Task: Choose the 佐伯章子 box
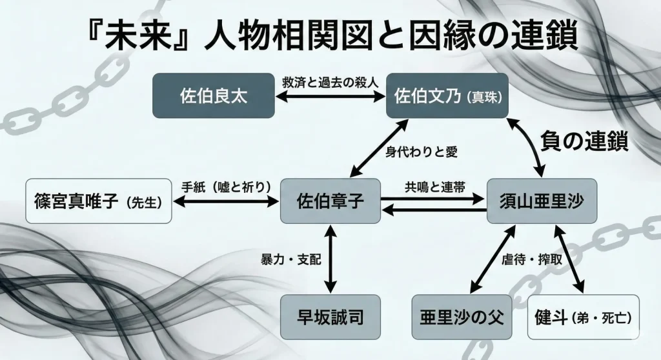(x=330, y=201)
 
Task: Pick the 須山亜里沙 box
(x=542, y=201)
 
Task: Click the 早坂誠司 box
(x=330, y=317)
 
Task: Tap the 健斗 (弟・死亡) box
(x=583, y=317)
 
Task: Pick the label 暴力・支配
(x=290, y=258)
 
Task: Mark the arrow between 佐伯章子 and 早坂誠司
(x=330, y=258)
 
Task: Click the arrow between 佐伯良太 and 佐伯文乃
(x=330, y=97)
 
